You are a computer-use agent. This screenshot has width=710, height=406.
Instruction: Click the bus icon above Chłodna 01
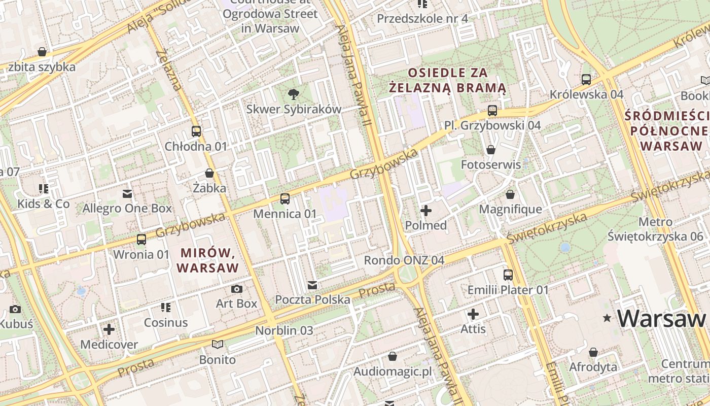(196, 131)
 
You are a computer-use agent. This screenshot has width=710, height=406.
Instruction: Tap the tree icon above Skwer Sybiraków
(293, 94)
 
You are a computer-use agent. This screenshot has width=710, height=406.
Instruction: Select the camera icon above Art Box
(236, 289)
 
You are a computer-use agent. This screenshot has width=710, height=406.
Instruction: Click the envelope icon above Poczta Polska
(312, 285)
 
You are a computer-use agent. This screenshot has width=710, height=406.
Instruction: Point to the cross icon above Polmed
(426, 210)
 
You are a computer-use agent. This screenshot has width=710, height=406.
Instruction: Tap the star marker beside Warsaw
(607, 318)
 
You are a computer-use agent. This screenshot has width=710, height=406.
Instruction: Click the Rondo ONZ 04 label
(404, 260)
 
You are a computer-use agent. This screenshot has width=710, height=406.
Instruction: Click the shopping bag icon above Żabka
(209, 173)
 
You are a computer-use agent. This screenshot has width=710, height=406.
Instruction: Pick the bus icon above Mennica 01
(285, 198)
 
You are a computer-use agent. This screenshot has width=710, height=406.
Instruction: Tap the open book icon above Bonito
(218, 345)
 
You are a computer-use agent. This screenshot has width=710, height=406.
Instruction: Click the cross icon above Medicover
(109, 329)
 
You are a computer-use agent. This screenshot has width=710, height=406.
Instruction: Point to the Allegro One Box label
(127, 208)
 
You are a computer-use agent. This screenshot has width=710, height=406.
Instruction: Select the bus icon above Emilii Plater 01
(508, 275)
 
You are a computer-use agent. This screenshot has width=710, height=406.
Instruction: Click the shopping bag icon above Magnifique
(510, 194)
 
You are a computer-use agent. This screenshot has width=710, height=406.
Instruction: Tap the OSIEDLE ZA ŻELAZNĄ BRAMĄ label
(448, 80)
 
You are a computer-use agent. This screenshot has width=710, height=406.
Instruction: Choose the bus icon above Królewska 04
(586, 79)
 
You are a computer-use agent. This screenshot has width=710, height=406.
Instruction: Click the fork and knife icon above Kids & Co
(44, 189)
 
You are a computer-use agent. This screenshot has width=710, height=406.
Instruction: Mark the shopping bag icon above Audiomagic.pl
(392, 356)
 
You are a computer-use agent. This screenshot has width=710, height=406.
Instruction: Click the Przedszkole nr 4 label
(422, 19)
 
